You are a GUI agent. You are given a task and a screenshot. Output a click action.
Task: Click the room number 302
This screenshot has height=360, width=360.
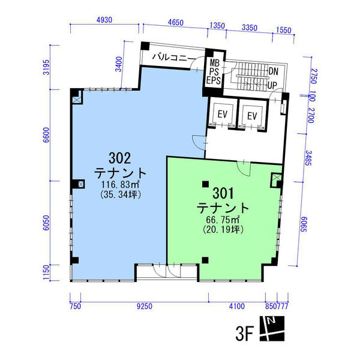pyautogui.click(x=119, y=158)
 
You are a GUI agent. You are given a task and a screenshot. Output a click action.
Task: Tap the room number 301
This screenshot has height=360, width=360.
pyautogui.click(x=223, y=193)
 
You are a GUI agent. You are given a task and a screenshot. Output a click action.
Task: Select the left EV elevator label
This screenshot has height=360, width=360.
pyautogui.click(x=222, y=114)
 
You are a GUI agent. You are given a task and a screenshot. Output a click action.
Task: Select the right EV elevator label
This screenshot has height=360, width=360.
pyautogui.click(x=252, y=116)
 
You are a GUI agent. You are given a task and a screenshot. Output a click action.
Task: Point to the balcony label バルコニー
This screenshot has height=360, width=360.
pyautogui.click(x=173, y=58)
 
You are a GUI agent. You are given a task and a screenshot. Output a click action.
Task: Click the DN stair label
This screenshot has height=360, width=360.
pyautogui.click(x=273, y=71)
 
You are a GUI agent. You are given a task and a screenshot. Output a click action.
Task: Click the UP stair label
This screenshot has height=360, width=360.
pyautogui.click(x=272, y=86)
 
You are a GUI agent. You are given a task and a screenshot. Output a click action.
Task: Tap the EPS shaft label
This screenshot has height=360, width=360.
pyautogui.click(x=214, y=80)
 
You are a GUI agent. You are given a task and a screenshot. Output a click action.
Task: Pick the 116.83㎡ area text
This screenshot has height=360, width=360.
pyautogui.click(x=121, y=184)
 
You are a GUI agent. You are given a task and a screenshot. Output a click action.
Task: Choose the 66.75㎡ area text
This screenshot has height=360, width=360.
pyautogui.click(x=223, y=220)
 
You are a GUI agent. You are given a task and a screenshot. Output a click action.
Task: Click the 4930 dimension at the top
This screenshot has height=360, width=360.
pyautogui.click(x=104, y=20)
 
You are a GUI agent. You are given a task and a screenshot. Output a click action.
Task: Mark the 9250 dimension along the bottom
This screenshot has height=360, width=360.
pyautogui.click(x=145, y=306)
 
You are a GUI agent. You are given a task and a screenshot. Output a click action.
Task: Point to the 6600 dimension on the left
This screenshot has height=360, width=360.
pyautogui.click(x=46, y=135)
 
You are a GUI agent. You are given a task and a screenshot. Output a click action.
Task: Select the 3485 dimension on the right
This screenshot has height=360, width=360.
pyautogui.click(x=308, y=158)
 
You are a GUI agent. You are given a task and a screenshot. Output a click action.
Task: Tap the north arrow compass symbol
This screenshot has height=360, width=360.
pyautogui.click(x=272, y=329)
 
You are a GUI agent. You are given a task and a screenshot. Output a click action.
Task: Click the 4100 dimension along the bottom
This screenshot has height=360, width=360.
pyautogui.click(x=237, y=306)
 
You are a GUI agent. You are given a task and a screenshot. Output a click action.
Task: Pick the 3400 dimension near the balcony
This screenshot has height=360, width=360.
pyautogui.click(x=119, y=64)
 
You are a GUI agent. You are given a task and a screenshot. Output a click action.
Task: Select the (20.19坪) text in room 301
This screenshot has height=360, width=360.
pyautogui.click(x=223, y=229)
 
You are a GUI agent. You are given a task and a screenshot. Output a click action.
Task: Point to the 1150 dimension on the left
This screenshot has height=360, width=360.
pyautogui.click(x=46, y=272)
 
